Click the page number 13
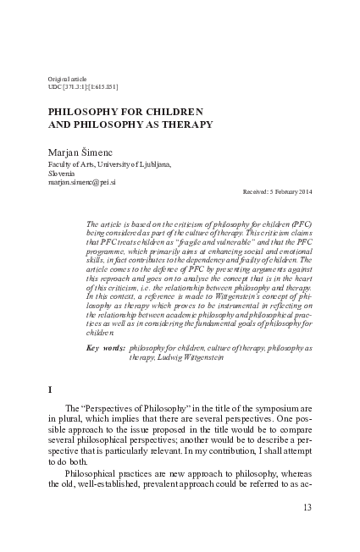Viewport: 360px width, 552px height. point(307,508)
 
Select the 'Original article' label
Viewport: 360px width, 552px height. point(68,77)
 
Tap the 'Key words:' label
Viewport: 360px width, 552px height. point(106,348)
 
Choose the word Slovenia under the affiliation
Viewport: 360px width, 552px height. point(64,173)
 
